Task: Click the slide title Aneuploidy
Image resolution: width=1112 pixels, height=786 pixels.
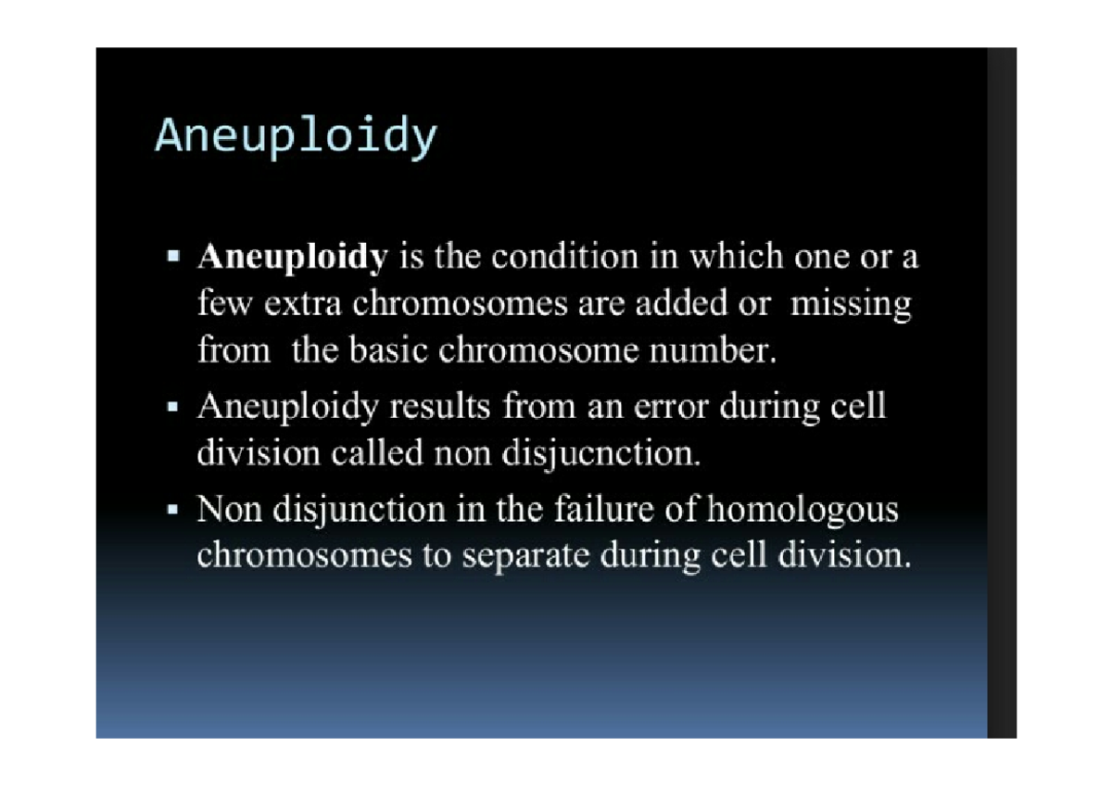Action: point(295,137)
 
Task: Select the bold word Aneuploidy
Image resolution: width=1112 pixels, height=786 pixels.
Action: point(291,257)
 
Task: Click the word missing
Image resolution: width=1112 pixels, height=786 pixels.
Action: point(850,304)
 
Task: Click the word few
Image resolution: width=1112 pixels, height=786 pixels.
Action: point(221,304)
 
